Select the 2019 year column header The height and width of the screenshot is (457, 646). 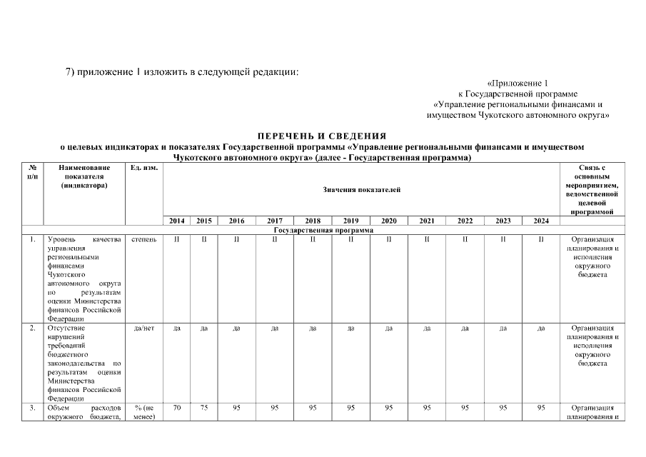coord(350,221)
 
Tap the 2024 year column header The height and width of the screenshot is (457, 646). coord(540,221)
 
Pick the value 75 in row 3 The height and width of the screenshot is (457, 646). coord(203,408)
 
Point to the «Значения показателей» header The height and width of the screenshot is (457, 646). coord(362,189)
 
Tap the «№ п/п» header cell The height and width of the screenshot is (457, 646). coord(32,171)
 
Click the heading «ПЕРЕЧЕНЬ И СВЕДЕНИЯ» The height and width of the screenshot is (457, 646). coord(322,136)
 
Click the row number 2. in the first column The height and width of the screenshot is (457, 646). coord(32,328)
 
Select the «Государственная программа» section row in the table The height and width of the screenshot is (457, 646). coord(322,230)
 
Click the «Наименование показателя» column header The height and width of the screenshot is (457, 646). coord(84,176)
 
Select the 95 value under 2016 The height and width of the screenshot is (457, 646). coord(236,408)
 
